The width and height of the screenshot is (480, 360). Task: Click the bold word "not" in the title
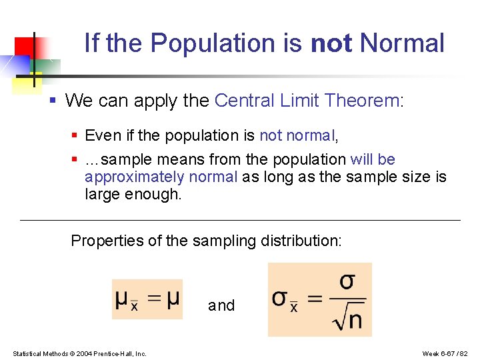pyautogui.click(x=332, y=43)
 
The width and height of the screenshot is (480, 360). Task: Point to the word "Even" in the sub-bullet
pyautogui.click(x=103, y=136)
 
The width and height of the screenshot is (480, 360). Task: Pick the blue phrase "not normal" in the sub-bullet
pyautogui.click(x=297, y=136)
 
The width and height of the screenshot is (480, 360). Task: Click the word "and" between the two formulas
pyautogui.click(x=221, y=305)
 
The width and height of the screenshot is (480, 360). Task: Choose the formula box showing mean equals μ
pyautogui.click(x=147, y=299)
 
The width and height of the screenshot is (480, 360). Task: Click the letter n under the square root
pyautogui.click(x=355, y=321)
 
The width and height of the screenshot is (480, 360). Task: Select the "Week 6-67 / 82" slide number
pyautogui.click(x=445, y=353)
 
